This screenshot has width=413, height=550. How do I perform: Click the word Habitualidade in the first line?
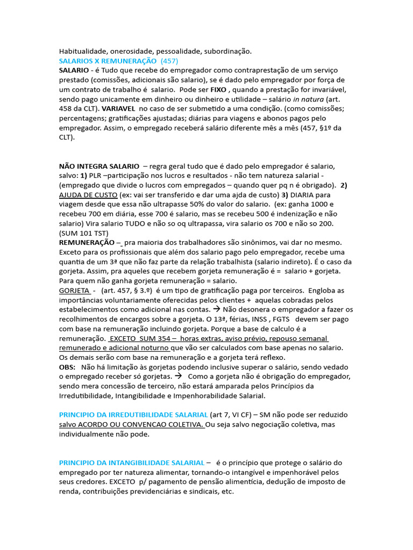83,51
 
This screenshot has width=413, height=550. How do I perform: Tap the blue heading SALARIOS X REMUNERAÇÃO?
108,60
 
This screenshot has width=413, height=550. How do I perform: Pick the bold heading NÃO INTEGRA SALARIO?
99,166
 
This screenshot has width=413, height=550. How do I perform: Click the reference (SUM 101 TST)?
83,233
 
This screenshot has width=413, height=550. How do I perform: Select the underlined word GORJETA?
74,290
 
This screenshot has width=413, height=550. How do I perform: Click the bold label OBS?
67,367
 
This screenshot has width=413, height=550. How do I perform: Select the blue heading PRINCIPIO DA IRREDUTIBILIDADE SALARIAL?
133,415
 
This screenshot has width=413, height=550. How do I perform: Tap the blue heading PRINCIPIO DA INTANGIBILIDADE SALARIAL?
132,462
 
